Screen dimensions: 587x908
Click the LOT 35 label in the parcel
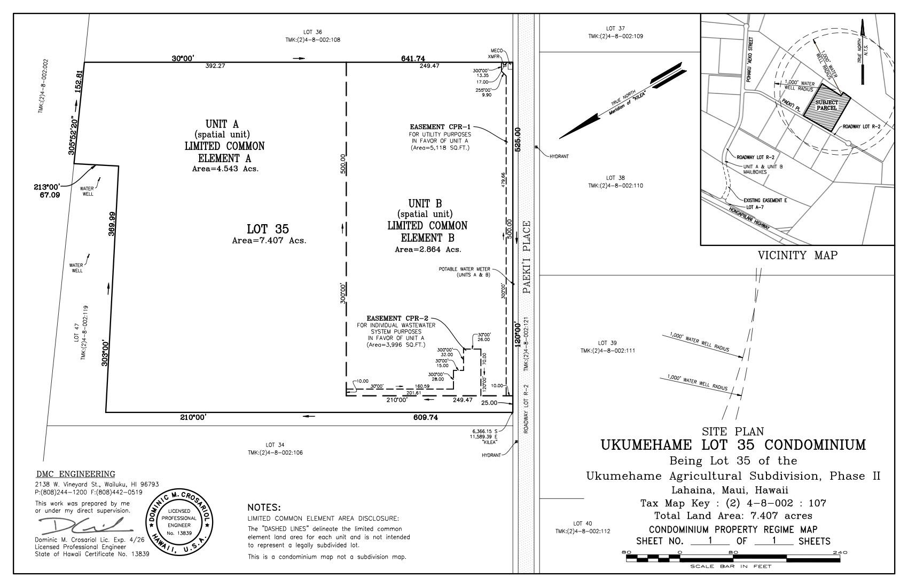tap(268, 229)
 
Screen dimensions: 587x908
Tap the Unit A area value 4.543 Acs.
tap(225, 169)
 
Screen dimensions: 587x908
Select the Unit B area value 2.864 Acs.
tap(427, 249)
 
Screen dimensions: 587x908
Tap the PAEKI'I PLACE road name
tap(527, 257)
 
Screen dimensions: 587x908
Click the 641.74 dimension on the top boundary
tap(413, 58)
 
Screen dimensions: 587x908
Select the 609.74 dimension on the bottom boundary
tap(425, 418)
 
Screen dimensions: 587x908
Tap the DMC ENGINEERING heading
tap(75, 474)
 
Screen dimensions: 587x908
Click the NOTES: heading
tap(264, 507)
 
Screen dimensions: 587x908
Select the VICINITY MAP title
tap(797, 256)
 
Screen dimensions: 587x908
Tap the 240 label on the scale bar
tap(839, 552)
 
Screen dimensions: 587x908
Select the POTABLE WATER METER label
tap(464, 269)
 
